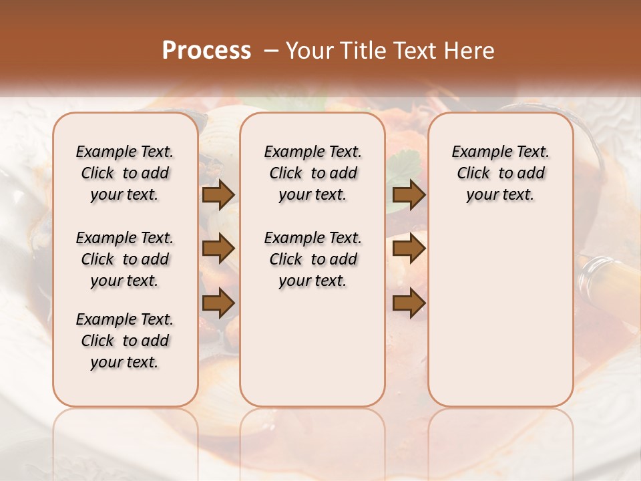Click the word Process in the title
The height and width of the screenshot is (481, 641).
pyautogui.click(x=206, y=51)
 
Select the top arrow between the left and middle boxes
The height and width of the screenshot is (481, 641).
pyautogui.click(x=218, y=195)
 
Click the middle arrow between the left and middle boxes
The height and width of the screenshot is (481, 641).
pyautogui.click(x=218, y=249)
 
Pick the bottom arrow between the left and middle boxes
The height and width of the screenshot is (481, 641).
pyautogui.click(x=218, y=303)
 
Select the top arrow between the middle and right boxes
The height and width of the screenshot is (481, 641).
pyautogui.click(x=409, y=195)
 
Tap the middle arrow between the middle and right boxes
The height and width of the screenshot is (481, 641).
pyautogui.click(x=409, y=249)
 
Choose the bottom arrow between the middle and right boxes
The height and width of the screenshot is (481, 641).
pyautogui.click(x=409, y=303)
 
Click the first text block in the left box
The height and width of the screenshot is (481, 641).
pyautogui.click(x=125, y=173)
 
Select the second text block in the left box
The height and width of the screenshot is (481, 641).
pyautogui.click(x=125, y=259)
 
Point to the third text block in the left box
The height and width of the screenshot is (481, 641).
pyautogui.click(x=125, y=341)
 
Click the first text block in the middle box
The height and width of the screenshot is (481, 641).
pyautogui.click(x=312, y=173)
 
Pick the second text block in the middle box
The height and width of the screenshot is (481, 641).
pyautogui.click(x=312, y=259)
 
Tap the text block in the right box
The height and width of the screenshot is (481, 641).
pyautogui.click(x=500, y=173)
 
